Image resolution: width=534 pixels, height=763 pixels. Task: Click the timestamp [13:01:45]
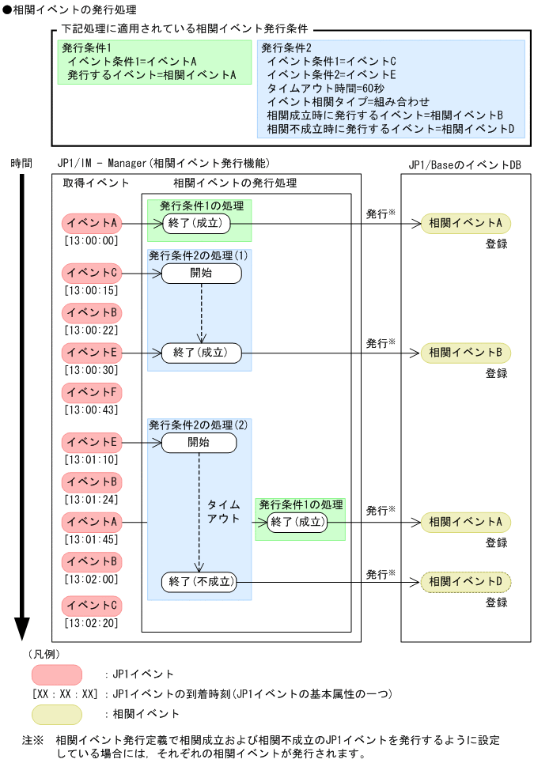coord(92,540)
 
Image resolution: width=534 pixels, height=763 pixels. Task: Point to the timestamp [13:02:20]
coord(92,622)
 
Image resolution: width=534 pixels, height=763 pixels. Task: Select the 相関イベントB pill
coord(465,353)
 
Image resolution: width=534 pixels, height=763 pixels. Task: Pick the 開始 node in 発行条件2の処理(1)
coord(200,274)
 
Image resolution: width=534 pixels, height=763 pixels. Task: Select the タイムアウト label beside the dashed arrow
coord(223,511)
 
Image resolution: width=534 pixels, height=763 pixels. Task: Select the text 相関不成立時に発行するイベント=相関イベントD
coord(390,127)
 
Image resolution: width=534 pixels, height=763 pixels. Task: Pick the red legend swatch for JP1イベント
coord(57,674)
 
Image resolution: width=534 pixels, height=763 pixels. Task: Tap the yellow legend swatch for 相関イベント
coord(57,714)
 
